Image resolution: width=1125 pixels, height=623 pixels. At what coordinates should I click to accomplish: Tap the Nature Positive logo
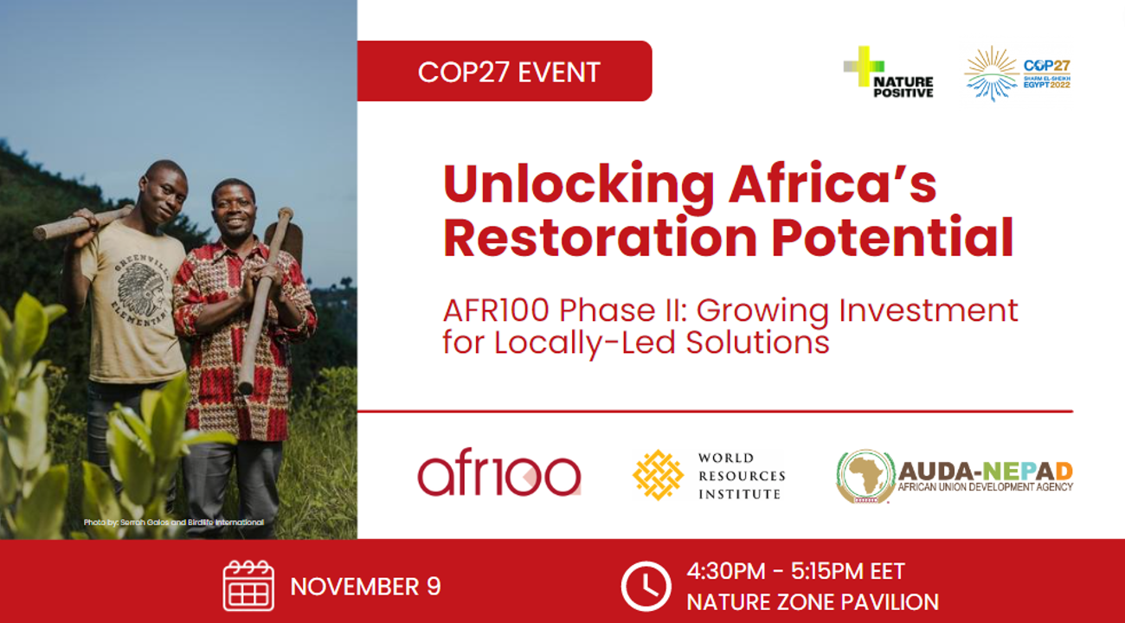888,72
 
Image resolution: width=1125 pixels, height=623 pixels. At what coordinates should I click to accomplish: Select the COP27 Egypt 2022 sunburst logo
1018,74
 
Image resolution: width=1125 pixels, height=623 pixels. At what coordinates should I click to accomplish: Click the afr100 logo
498,476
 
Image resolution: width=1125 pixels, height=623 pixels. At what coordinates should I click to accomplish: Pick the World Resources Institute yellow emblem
658,475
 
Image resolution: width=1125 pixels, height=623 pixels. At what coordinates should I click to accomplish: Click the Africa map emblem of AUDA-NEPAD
865,476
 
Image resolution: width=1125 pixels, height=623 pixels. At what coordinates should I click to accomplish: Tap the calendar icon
248,586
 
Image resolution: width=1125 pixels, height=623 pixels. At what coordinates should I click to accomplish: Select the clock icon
646,586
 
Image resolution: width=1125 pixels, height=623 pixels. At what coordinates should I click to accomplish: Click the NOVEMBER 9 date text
365,587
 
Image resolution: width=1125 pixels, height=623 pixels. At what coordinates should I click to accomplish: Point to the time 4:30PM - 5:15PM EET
795,572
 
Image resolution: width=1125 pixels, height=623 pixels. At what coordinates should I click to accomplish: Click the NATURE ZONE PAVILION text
812,602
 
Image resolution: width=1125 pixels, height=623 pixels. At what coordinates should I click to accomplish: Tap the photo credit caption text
173,523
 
